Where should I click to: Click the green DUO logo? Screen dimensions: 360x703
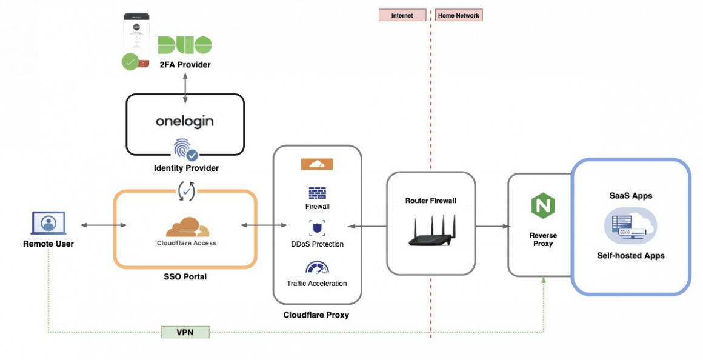(185, 45)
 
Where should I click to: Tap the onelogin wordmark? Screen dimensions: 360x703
(185, 121)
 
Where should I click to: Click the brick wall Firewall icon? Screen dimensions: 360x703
(317, 193)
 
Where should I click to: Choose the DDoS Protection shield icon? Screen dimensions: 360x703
(317, 228)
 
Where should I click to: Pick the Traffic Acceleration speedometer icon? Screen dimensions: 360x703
(317, 267)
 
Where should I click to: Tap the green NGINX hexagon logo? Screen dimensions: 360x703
(543, 207)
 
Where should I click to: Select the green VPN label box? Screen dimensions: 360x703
(185, 332)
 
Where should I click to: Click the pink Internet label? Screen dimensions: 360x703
(402, 15)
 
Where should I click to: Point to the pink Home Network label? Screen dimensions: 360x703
(459, 15)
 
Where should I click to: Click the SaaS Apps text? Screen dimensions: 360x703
(631, 196)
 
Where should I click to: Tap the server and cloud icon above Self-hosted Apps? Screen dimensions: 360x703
(630, 226)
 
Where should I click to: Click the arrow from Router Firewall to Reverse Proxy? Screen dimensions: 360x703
(491, 227)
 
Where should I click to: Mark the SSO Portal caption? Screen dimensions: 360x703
(185, 276)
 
